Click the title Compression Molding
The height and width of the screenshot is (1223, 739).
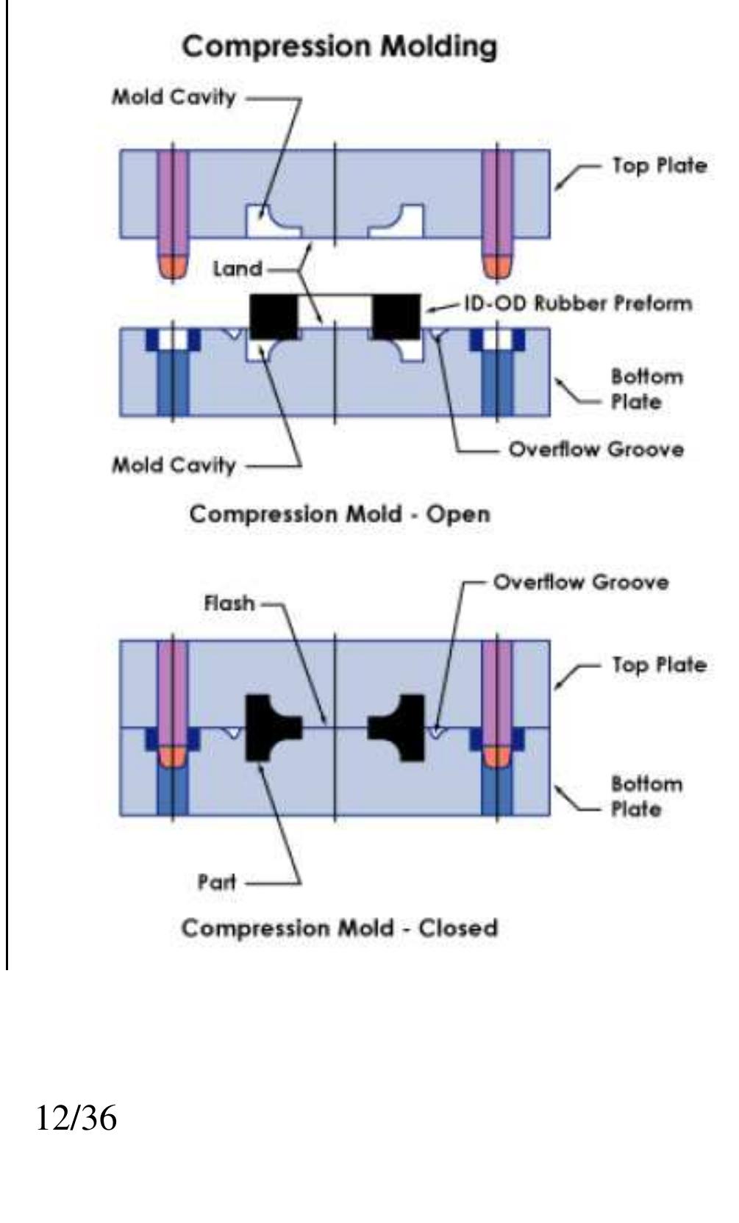pos(340,47)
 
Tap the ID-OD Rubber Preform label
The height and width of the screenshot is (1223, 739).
pos(578,303)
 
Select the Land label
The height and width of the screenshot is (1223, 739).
pos(237,269)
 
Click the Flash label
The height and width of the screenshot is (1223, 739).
pos(229,603)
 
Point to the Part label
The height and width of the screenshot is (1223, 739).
pos(216,882)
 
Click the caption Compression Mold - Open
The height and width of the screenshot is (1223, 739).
pos(340,514)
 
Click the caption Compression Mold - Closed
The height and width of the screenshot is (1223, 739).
pos(340,928)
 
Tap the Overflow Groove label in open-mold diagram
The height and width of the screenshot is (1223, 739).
pos(596,448)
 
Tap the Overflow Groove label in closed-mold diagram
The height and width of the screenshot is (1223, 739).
pos(581,583)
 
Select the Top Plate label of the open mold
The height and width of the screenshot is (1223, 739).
pos(659,165)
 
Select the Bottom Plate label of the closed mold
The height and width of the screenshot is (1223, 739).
pos(646,797)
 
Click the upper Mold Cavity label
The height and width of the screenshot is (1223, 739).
pos(174,97)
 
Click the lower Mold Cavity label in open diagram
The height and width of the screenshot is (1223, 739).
pos(174,465)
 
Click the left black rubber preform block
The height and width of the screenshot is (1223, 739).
pos(274,315)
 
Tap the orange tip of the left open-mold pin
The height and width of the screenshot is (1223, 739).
pos(174,266)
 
